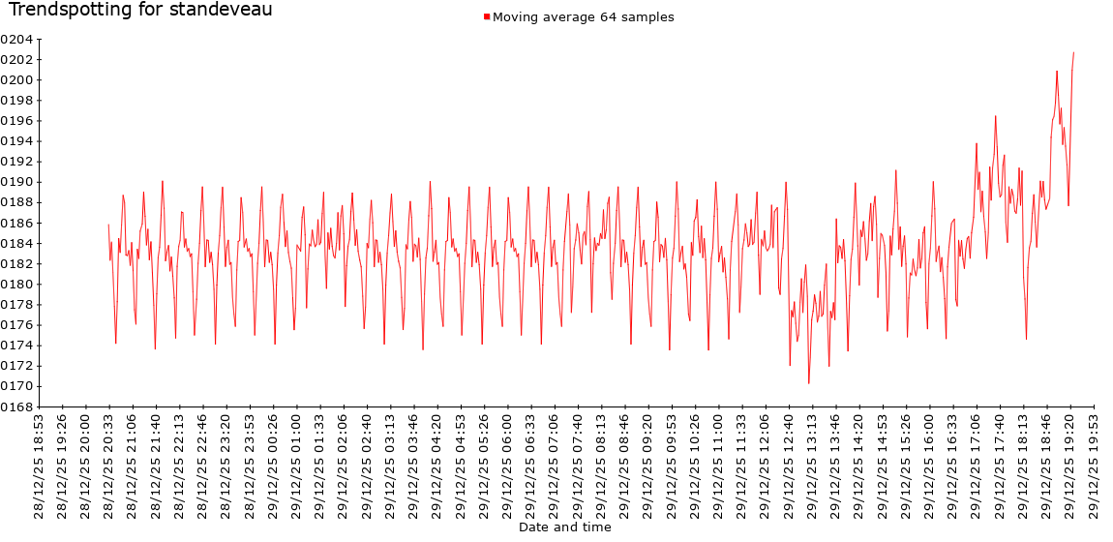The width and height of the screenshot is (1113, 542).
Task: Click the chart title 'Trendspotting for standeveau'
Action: (x=140, y=11)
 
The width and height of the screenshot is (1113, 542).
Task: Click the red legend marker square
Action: (x=486, y=16)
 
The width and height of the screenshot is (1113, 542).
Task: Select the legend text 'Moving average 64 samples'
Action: (x=583, y=16)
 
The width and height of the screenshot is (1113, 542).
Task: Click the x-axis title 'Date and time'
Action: (x=564, y=527)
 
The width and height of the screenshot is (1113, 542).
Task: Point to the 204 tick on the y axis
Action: (x=16, y=39)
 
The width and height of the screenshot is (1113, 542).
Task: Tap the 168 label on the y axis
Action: (x=16, y=406)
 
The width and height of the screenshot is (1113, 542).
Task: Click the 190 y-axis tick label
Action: (x=16, y=182)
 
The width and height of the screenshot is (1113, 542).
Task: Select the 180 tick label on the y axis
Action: (x=16, y=285)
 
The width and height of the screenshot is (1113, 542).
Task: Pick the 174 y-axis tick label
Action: (x=16, y=346)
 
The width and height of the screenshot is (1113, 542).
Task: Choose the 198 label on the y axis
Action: (x=16, y=101)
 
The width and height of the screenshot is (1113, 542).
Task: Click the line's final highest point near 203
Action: (x=1073, y=52)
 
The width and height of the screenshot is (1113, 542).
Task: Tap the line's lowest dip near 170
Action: (x=809, y=383)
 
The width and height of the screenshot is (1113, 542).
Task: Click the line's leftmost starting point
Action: (x=108, y=225)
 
